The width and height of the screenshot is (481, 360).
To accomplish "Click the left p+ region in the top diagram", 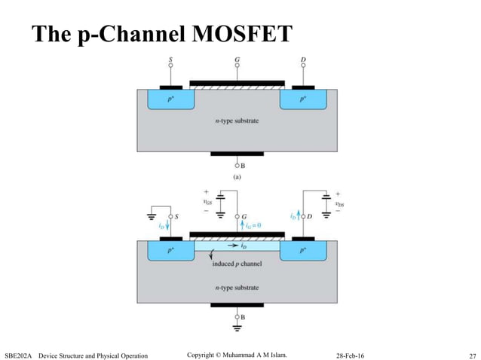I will [169, 99].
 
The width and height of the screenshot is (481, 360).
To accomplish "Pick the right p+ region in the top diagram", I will [305, 99].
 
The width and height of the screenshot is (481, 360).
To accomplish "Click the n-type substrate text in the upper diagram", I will [237, 121].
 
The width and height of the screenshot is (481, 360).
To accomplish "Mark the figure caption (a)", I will [237, 178].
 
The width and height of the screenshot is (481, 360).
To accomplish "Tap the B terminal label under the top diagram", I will [241, 165].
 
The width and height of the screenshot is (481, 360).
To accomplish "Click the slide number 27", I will [472, 354].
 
